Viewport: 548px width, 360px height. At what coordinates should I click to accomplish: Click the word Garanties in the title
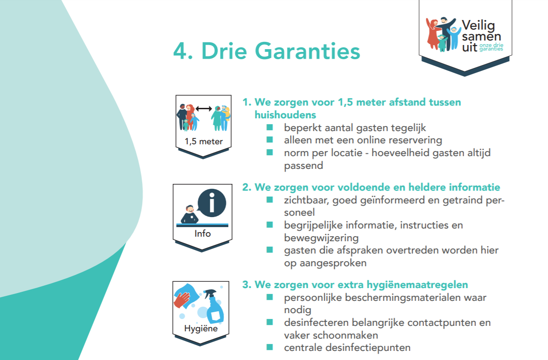click(307, 51)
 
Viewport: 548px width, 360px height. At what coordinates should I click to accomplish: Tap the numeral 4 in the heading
click(180, 51)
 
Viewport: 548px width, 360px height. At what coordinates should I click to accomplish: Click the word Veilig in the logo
click(478, 26)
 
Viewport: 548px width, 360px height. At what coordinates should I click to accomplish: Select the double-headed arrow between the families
click(204, 108)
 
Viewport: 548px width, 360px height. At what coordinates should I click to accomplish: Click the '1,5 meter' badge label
click(204, 142)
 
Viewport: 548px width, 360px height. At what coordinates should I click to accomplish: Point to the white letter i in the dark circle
click(212, 203)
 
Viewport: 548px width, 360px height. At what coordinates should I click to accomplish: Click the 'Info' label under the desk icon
click(203, 233)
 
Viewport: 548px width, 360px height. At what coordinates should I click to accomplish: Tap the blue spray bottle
click(214, 306)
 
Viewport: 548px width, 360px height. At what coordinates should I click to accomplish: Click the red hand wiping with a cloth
click(181, 300)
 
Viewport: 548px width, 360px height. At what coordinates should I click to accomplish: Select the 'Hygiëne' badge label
click(201, 329)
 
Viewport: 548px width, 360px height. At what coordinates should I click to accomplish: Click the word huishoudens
click(285, 115)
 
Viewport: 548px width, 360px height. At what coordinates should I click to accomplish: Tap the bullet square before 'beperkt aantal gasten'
click(270, 127)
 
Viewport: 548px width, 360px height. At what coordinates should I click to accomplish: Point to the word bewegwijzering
click(321, 238)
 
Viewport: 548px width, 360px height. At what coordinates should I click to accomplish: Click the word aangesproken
click(333, 264)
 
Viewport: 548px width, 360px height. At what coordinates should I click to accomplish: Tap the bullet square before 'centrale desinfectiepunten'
click(270, 347)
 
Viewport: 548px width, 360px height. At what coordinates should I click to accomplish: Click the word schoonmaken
click(345, 335)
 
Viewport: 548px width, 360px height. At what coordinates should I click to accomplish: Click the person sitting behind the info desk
click(189, 214)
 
